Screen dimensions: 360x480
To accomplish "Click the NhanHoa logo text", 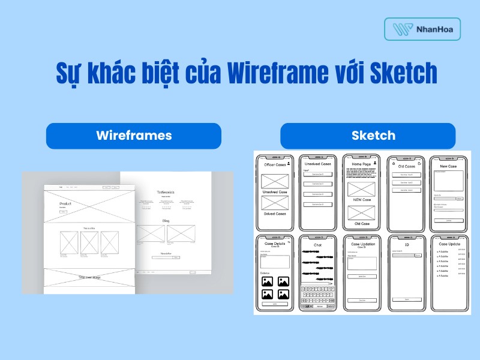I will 431,29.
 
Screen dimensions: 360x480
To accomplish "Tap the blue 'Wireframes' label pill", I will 134,135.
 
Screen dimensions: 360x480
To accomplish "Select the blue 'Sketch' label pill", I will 368,135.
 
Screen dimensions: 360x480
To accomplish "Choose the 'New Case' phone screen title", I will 448,166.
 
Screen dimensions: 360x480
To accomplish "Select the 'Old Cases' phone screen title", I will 406,166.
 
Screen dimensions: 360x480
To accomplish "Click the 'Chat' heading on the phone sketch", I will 318,245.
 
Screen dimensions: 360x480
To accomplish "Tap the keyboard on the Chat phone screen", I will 318,296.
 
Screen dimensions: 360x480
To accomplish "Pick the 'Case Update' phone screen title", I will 449,244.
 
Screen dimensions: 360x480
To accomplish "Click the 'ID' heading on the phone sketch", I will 406,245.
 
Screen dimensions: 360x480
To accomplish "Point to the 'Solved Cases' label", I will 275,214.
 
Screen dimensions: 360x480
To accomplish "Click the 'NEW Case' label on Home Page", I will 361,200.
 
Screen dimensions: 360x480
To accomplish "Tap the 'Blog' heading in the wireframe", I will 166,221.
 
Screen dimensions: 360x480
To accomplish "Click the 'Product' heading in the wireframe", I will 65,204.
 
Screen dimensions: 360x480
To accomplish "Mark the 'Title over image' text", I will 89,277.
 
